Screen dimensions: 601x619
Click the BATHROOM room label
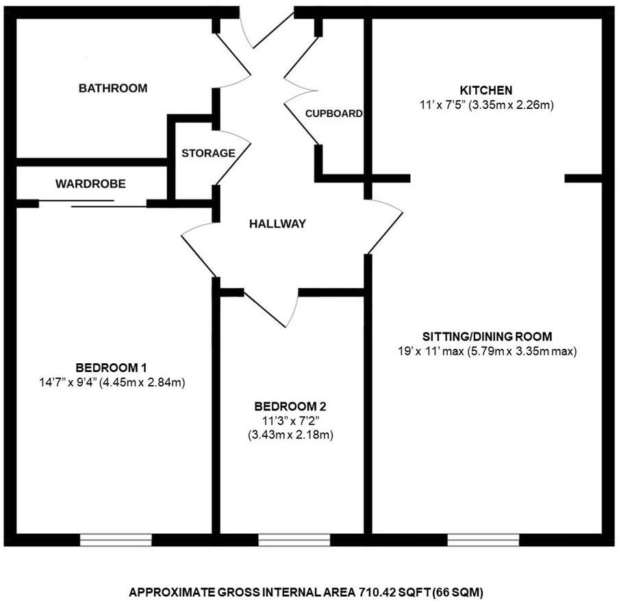click(x=113, y=88)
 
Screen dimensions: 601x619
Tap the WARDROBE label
click(x=90, y=184)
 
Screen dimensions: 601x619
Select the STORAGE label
click(x=208, y=154)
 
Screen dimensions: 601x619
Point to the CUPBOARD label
click(x=333, y=114)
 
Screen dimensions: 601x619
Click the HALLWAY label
click(x=277, y=223)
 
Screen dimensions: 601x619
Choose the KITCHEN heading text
click(x=486, y=90)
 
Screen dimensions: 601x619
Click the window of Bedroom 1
click(x=116, y=540)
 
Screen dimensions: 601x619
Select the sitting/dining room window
click(x=483, y=540)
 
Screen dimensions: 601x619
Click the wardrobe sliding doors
click(x=93, y=203)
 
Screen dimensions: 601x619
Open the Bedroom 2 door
click(x=266, y=309)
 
